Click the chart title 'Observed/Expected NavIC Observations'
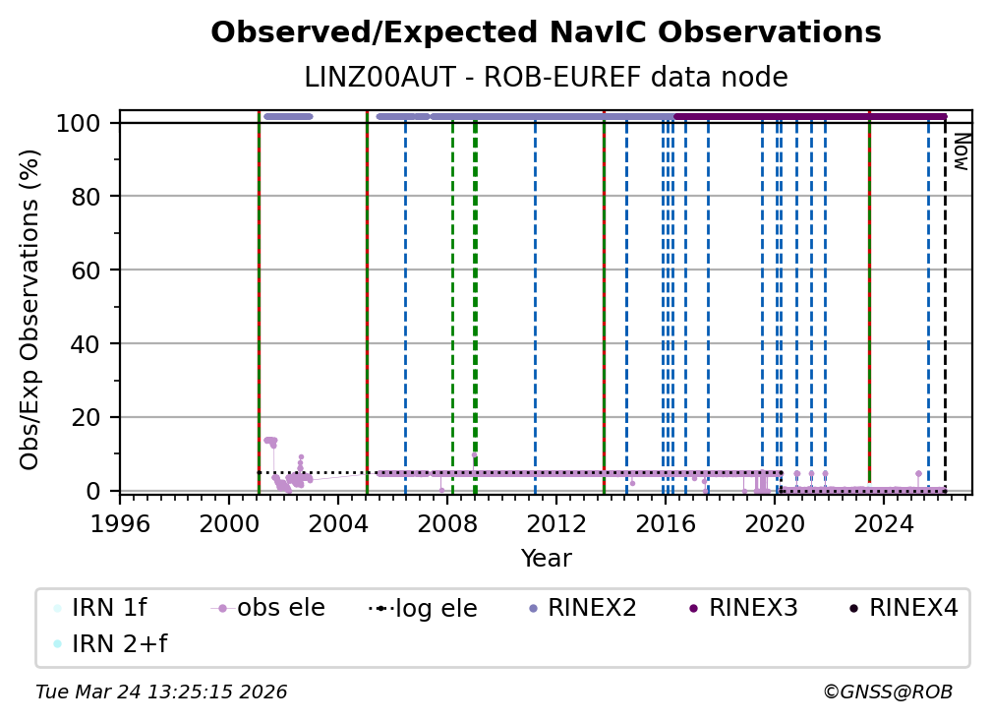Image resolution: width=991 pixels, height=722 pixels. (x=546, y=32)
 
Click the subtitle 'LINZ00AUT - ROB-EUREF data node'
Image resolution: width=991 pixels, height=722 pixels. (x=546, y=77)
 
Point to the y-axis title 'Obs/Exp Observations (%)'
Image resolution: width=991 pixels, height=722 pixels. (x=30, y=309)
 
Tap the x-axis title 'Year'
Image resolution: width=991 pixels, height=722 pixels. (x=546, y=559)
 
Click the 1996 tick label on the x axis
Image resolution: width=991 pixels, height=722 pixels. (x=120, y=525)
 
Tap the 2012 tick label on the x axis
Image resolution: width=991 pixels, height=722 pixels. (x=556, y=525)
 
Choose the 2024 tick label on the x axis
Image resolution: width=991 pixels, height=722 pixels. (x=883, y=525)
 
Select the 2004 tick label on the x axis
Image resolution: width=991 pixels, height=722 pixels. (x=338, y=525)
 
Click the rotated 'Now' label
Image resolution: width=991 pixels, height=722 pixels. (x=961, y=152)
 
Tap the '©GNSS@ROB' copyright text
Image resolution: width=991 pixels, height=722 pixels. (x=887, y=692)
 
